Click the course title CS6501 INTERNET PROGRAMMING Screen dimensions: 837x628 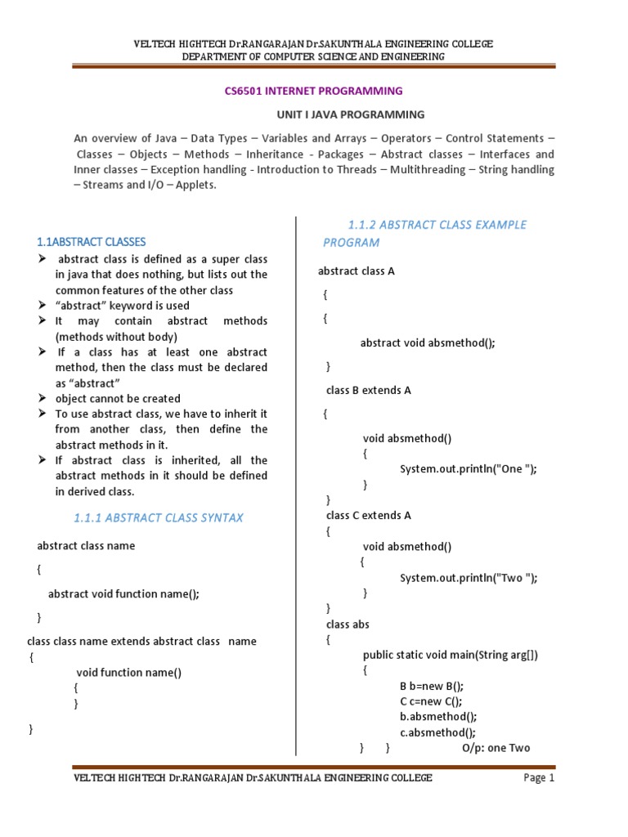coord(313,91)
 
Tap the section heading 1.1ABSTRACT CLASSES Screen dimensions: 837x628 coord(92,241)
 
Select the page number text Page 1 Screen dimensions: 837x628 coord(539,778)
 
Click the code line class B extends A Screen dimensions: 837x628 coord(368,390)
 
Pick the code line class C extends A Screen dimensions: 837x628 coord(368,515)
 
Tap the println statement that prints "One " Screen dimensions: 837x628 coord(468,468)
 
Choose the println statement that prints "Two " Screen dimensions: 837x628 coord(468,577)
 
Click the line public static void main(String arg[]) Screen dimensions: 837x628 coord(451,655)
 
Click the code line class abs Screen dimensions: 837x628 coord(348,624)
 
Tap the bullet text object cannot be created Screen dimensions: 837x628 coord(118,398)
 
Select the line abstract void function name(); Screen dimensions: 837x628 coord(123,594)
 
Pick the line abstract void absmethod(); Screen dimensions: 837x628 coord(428,343)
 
